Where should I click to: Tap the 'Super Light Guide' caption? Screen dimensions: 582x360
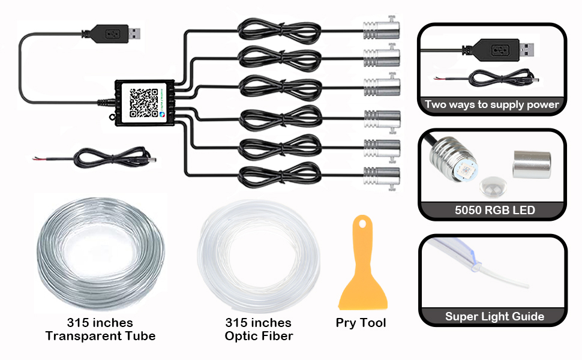[x=494, y=317]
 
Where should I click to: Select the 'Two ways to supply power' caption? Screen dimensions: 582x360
[x=492, y=104]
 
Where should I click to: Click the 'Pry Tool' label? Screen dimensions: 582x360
[x=361, y=323]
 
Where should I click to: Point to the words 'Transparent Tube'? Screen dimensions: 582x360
[x=100, y=336]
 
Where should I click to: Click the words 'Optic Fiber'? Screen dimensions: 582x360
[x=259, y=336]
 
